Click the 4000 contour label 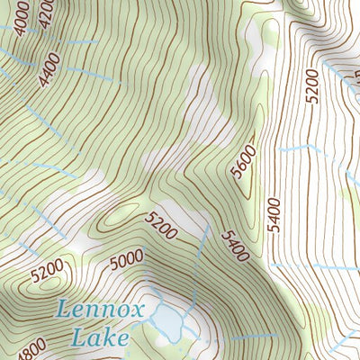[x=20, y=17]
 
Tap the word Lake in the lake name [x=98, y=339]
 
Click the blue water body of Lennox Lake [x=168, y=321]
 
